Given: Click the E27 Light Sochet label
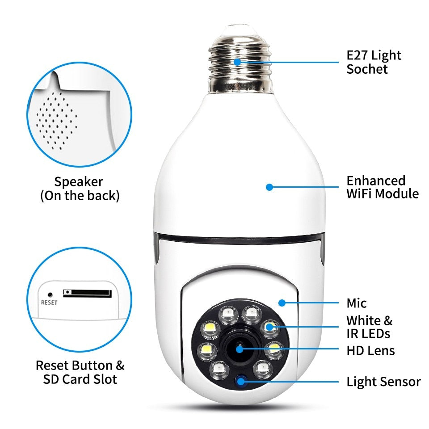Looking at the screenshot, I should coord(374,62).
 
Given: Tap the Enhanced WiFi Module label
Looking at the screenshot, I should coord(383,187).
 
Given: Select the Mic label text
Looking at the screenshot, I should coord(357,303).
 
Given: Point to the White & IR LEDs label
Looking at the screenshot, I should coord(369,327).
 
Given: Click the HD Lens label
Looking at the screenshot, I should coord(370,350).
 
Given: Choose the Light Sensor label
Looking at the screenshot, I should coord(383,382).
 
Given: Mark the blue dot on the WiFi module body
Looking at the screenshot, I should coord(269,187).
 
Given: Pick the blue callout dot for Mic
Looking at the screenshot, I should coord(282,303).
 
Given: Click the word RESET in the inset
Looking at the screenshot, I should coord(49,302).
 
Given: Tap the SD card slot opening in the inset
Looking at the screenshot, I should coord(87,293).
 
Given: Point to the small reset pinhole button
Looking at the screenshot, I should coord(50,294).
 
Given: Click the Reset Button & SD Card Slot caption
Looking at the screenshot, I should coord(80,372).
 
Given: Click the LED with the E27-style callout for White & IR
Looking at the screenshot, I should coord(269,327).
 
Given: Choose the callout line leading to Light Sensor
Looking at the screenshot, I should coord(295,382).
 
